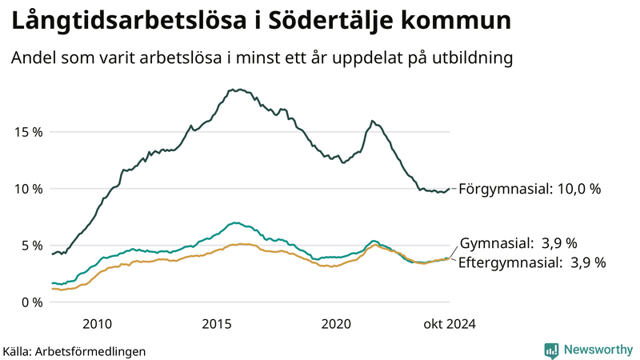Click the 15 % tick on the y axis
coord(29,132)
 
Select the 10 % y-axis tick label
coord(29,189)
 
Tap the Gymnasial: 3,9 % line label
coord(518,242)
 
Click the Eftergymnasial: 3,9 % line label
coord(532,262)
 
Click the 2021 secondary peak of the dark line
coord(372,121)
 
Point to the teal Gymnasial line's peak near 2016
coord(234,223)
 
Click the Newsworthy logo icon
coord(551,350)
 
